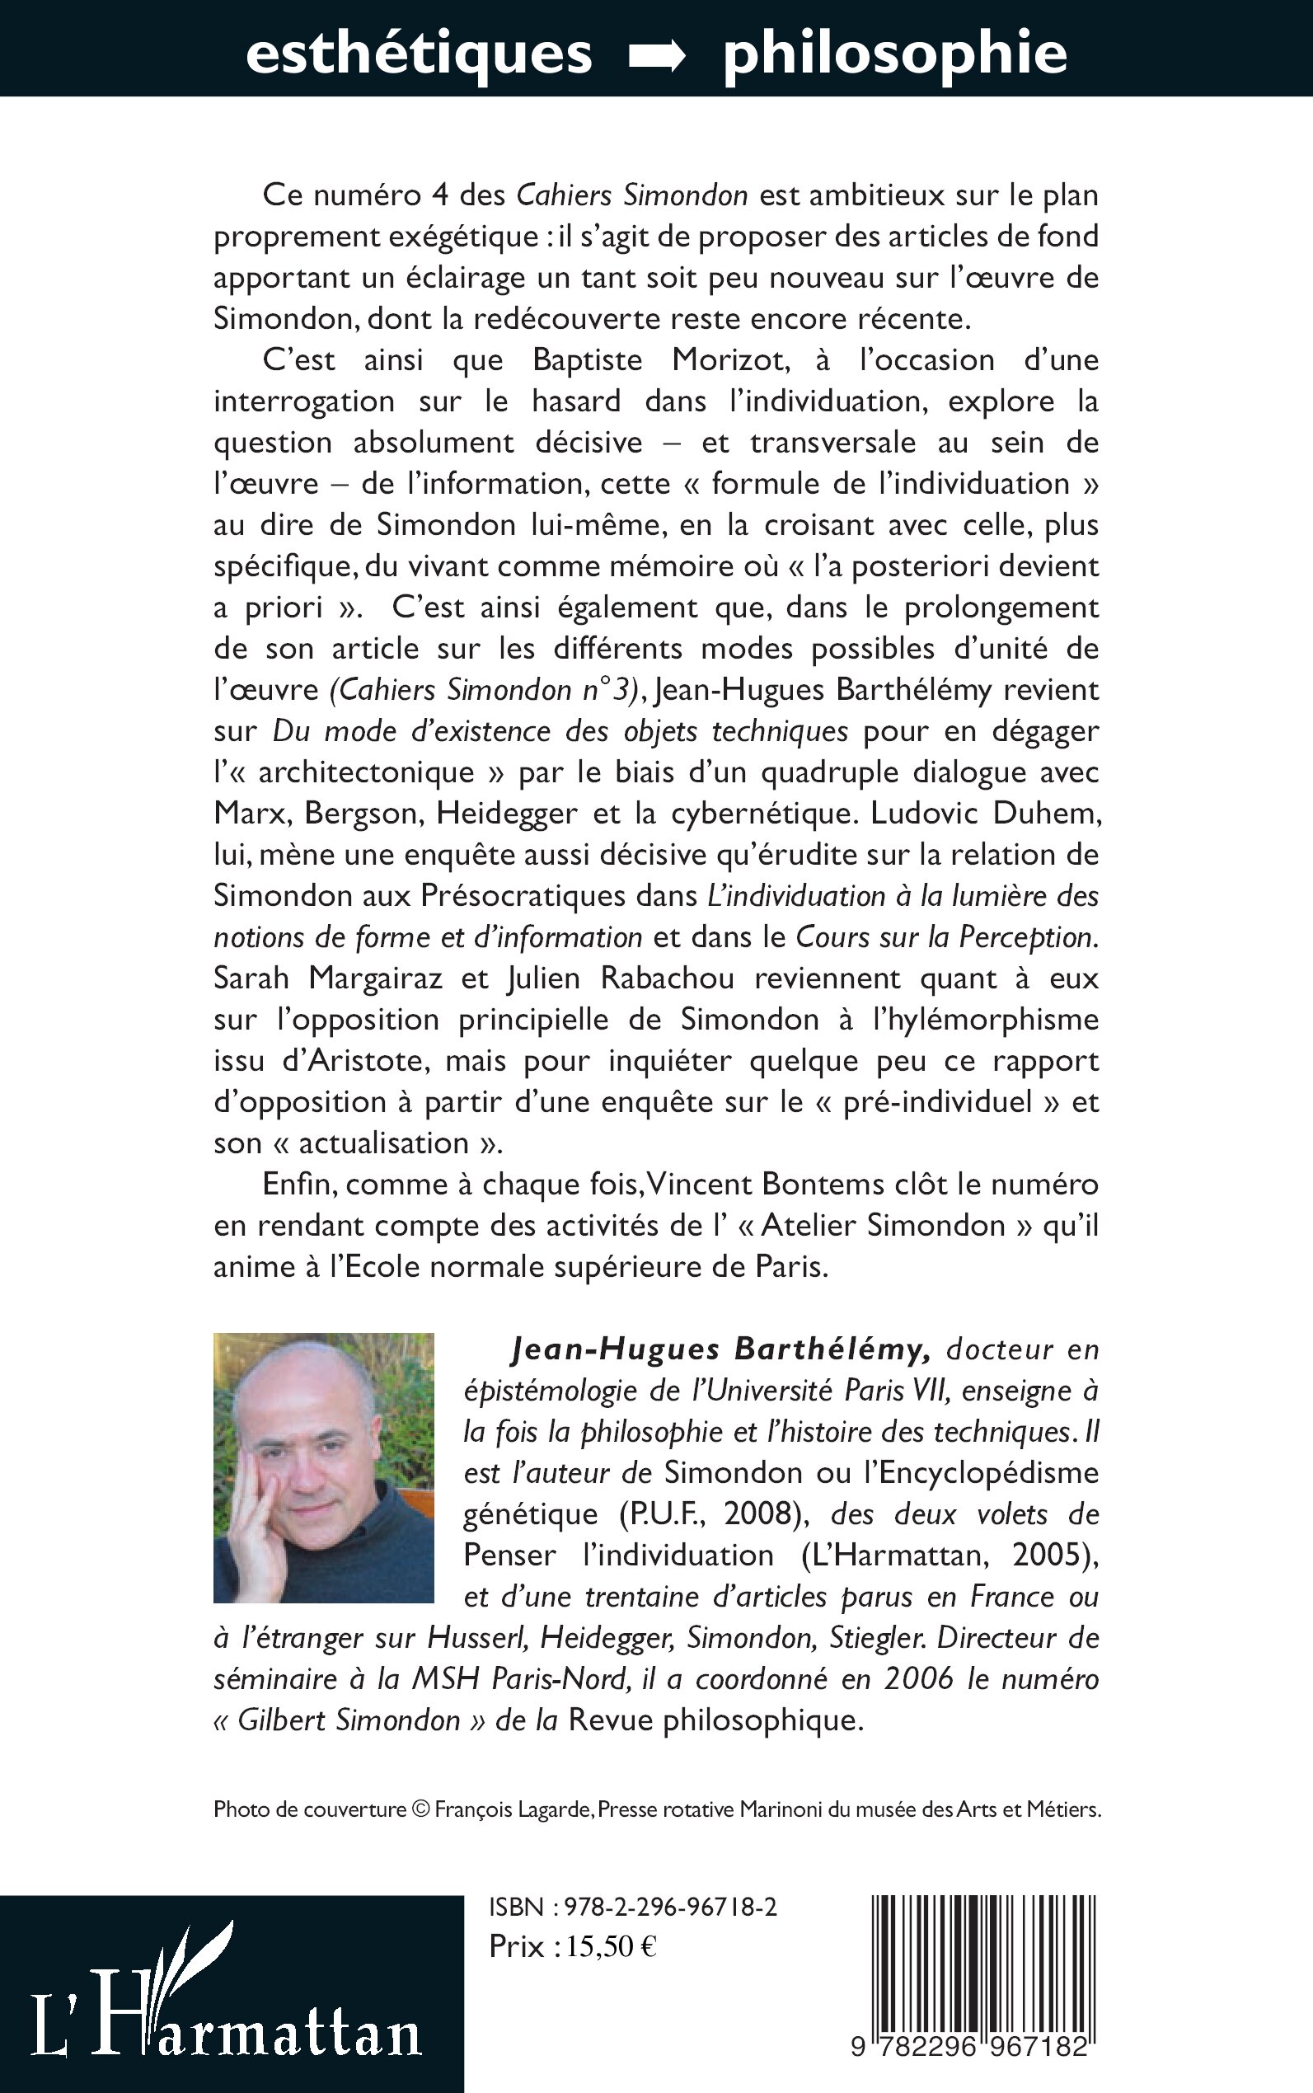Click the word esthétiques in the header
[x=419, y=54]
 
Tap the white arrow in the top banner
[x=658, y=56]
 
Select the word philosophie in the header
[x=894, y=54]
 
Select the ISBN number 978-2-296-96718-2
[x=670, y=1908]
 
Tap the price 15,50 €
[x=612, y=1946]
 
